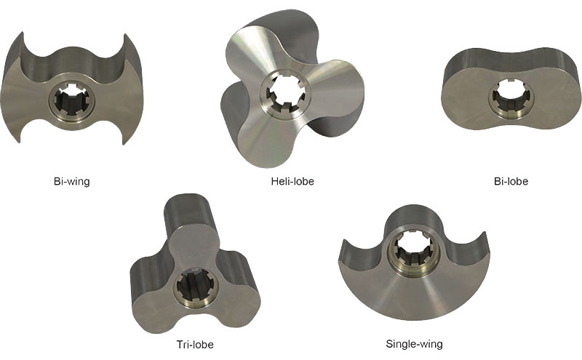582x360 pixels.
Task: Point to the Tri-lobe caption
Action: tap(194, 344)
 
